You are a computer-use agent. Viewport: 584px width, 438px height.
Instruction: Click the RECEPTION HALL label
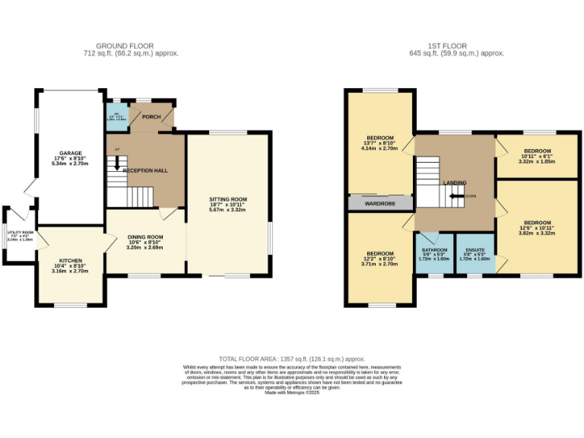(x=145, y=170)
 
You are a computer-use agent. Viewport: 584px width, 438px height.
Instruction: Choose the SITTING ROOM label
(x=228, y=199)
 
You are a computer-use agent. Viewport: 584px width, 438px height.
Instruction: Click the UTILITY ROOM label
(x=21, y=233)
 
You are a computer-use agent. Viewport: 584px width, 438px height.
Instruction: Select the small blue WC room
(x=114, y=118)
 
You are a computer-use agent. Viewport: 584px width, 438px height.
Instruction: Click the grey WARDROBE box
(x=380, y=204)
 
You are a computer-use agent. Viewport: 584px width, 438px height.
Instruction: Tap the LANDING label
(x=455, y=182)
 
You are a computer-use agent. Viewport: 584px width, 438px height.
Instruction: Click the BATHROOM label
(x=434, y=249)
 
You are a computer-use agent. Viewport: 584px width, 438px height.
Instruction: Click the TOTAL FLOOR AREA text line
(x=292, y=357)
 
